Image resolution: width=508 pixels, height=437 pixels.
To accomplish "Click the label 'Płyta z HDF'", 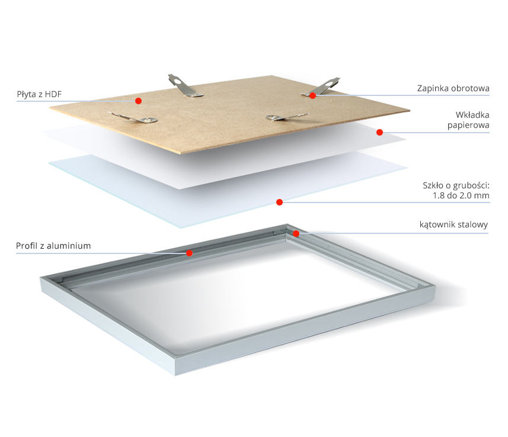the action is point(39,94).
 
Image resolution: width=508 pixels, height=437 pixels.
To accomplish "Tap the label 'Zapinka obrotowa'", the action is point(453,88).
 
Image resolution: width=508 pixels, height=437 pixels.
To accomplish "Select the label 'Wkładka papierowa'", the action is point(468,120).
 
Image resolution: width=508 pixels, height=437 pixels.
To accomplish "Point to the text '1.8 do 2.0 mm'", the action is point(461,195).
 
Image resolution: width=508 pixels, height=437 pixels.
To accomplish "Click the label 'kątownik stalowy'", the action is point(453,224).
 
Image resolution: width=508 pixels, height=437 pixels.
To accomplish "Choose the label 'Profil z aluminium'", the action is point(53,246).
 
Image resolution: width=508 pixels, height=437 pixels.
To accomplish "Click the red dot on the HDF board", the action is point(138,101).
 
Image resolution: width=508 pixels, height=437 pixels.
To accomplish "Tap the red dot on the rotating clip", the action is point(312,95).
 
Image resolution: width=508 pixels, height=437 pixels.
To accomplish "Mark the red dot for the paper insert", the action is point(380,132).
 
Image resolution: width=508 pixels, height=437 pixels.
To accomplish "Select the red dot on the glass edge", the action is point(280,202).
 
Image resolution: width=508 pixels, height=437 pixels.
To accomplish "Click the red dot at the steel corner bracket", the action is point(296,233).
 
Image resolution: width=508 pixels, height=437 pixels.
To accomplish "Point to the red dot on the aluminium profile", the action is point(190,253).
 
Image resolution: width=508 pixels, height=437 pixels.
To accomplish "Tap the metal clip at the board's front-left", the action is point(134,117).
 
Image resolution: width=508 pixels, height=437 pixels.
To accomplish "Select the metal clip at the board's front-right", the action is point(286,117).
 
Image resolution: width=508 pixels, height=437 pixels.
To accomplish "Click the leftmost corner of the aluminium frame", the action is point(40,278).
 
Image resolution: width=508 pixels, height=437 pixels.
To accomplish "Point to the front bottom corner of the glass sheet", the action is point(181,228).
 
